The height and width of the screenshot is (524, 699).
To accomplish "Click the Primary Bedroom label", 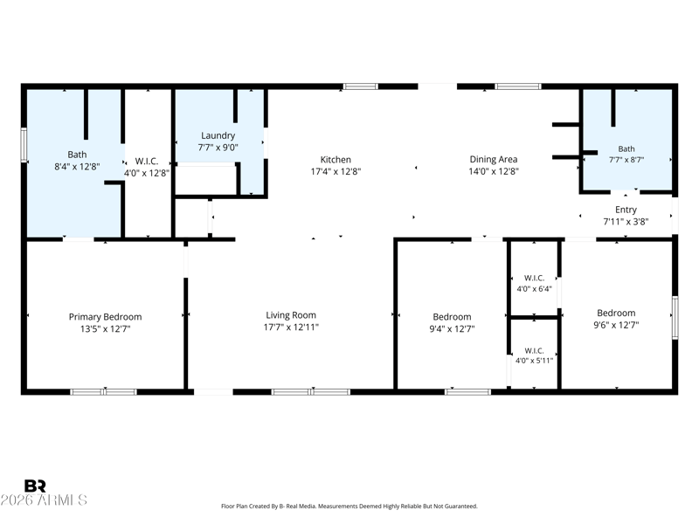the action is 105,317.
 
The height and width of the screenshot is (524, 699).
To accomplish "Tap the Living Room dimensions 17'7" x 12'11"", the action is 291,327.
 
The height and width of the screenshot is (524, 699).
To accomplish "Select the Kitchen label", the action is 336,160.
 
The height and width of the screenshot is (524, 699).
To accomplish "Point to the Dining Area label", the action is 494,159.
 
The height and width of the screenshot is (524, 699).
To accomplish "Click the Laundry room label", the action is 218,135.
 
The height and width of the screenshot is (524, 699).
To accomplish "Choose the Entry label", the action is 626,210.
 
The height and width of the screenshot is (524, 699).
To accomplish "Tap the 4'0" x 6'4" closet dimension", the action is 534,289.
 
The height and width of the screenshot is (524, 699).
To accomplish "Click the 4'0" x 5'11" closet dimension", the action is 534,361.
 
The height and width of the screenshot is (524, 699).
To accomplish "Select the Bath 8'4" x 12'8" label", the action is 77,161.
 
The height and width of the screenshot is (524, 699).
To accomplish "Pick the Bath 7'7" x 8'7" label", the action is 626,155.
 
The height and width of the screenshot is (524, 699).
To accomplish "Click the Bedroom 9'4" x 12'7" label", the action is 452,322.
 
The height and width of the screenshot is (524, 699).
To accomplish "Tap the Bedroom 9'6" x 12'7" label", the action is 616,319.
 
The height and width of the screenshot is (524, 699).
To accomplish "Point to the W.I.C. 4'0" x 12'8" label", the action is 147,167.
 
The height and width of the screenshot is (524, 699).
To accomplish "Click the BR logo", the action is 35,486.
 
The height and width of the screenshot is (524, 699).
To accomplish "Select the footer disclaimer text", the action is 349,507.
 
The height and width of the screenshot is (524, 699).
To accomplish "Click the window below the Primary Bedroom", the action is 103,392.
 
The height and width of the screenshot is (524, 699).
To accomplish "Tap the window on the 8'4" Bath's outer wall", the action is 24,145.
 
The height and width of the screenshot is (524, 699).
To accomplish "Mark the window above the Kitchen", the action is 361,86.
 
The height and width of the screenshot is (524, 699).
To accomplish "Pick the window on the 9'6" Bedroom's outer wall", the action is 675,318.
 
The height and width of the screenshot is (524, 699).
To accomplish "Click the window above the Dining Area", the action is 518,86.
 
